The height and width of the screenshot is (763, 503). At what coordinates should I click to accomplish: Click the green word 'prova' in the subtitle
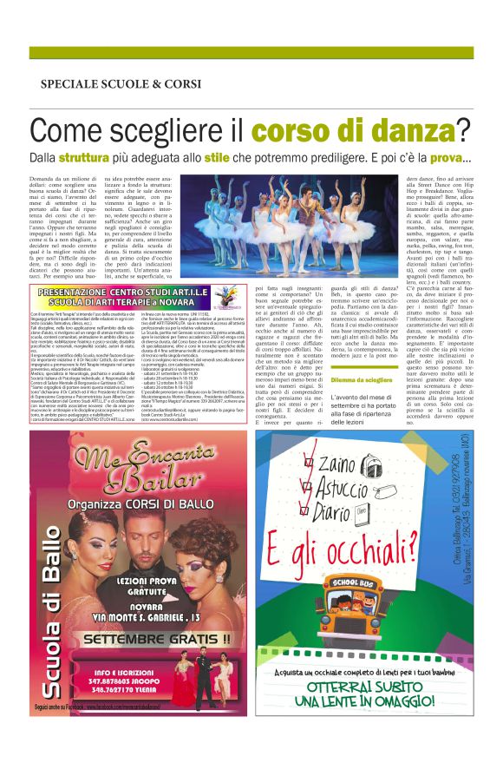(441, 158)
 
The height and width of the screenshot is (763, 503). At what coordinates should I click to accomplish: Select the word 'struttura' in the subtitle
(108, 158)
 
